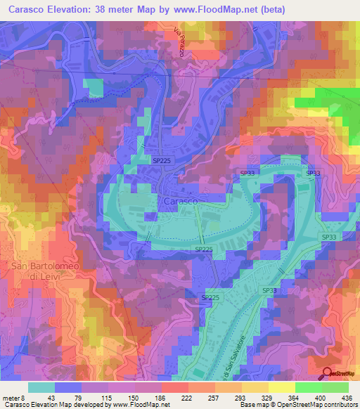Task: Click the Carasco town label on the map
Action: click(180, 201)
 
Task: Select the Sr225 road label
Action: click(211, 299)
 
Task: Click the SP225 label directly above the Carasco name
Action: click(162, 161)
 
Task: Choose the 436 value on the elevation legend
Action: click(348, 398)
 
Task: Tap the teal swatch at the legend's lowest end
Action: click(41, 387)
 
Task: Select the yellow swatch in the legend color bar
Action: click(281, 387)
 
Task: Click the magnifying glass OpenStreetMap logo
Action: click(328, 375)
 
